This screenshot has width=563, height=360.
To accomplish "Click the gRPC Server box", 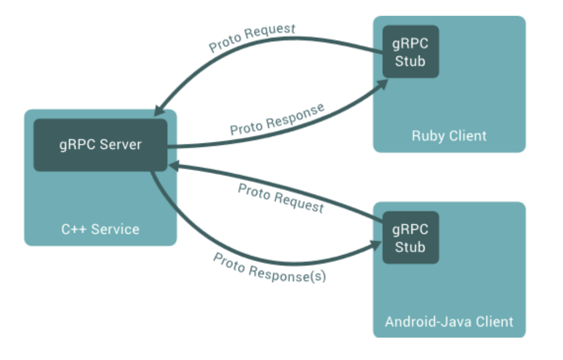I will click(x=100, y=145).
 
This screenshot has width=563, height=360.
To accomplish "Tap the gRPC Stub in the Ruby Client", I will click(x=411, y=52).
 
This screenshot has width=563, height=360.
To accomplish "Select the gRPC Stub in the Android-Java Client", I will click(x=411, y=237).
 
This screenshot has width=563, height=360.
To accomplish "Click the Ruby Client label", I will click(x=449, y=136).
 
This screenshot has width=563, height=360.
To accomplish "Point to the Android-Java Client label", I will click(x=449, y=321).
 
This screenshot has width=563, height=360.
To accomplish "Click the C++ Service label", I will click(x=100, y=229).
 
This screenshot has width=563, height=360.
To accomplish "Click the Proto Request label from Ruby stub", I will click(x=252, y=38).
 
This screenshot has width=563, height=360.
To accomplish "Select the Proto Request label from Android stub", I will click(x=281, y=198).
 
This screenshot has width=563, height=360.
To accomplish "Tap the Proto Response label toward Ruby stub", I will click(x=277, y=120).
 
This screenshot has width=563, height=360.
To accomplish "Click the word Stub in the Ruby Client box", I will click(x=410, y=61).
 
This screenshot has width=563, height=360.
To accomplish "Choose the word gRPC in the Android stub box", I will click(x=410, y=229).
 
